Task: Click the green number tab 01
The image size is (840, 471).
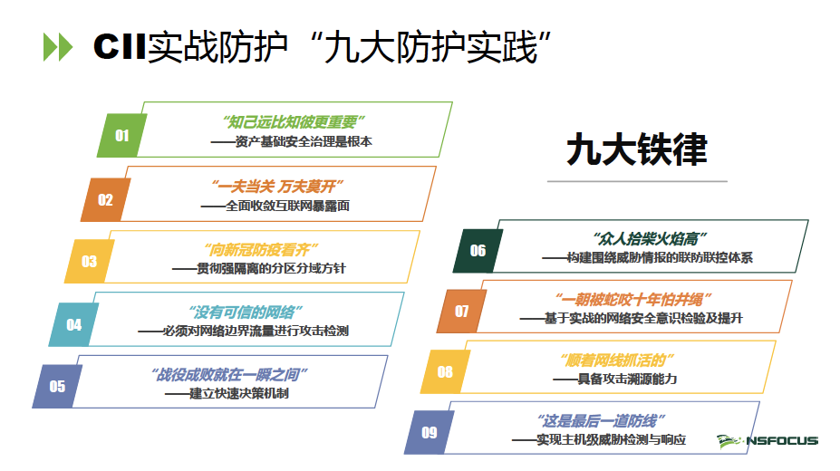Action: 121,136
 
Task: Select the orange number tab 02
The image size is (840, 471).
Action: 106,200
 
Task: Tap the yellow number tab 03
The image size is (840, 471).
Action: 89,262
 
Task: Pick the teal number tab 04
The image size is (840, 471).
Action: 73,324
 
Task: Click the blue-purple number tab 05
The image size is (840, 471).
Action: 57,387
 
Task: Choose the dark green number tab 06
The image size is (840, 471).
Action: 478,251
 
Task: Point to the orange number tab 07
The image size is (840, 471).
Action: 462,312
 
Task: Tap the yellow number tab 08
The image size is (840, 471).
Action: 445,371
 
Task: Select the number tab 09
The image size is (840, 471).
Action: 430,432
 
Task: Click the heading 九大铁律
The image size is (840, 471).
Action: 636,150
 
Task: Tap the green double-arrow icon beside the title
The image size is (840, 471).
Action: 57,46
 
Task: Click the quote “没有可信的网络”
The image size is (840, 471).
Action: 244,311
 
